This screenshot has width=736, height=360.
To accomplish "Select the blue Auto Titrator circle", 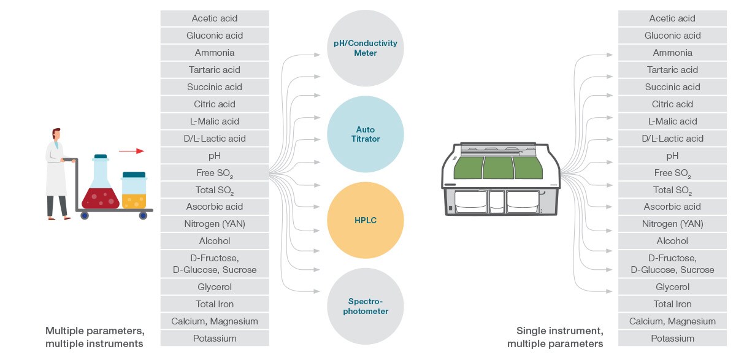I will point(365,134).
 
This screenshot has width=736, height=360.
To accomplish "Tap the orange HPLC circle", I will point(365,220).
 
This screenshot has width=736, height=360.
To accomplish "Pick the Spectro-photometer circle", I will point(365,306).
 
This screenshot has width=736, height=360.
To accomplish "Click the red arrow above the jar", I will point(131,151).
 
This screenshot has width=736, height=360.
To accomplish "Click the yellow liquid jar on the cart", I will point(134,191).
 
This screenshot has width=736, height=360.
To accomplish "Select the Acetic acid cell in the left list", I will point(215,18).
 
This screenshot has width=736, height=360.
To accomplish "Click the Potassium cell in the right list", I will point(672,338).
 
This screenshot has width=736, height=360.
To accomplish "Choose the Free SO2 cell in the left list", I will point(215,173).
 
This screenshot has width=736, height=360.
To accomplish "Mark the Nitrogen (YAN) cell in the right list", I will point(672,224).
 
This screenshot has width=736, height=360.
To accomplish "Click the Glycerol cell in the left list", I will point(215,287).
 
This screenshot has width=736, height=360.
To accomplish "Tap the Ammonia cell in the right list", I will point(672,53).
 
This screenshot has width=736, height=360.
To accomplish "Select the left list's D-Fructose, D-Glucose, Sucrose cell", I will point(215,264).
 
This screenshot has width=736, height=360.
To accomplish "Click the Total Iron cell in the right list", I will point(672,304).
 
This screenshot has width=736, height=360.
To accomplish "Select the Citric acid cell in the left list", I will point(215,104).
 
